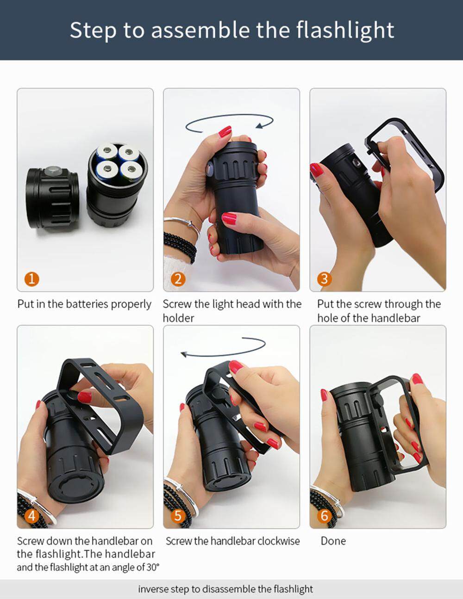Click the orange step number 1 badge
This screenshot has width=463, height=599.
(x=32, y=279)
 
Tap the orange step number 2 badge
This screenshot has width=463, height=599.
(x=178, y=279)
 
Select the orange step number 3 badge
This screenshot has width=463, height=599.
(x=325, y=279)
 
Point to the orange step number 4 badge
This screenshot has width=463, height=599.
(x=32, y=515)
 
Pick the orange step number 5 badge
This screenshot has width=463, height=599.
(x=178, y=515)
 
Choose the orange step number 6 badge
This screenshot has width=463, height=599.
(x=325, y=515)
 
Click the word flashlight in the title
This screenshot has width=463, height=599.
(x=345, y=31)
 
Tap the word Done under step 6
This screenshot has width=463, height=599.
(x=333, y=541)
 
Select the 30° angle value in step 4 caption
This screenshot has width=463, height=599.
(x=153, y=567)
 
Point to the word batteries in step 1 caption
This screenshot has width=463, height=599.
(x=87, y=304)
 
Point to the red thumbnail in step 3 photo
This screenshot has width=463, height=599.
(x=317, y=170)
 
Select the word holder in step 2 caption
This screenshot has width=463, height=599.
(x=178, y=318)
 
